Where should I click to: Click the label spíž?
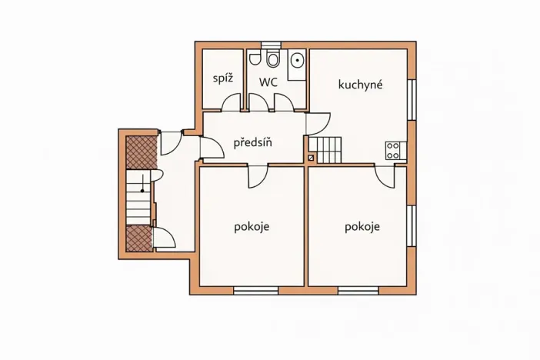click(x=223, y=78)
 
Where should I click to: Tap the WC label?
click(x=268, y=82)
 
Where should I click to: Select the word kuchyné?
click(x=360, y=85)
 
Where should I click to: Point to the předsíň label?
click(x=253, y=142)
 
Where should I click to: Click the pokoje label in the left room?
click(x=252, y=227)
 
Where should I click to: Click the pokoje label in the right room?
click(x=362, y=227)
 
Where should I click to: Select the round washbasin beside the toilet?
click(x=296, y=61)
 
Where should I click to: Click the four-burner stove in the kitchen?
click(x=393, y=150)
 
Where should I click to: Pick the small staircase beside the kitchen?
click(x=325, y=149)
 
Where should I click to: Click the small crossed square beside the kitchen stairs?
click(x=311, y=158)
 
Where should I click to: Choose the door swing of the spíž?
click(x=232, y=102)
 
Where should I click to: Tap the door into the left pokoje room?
click(x=257, y=176)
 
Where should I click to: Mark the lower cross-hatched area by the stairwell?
click(x=138, y=238)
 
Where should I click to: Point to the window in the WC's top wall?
click(x=271, y=45)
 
